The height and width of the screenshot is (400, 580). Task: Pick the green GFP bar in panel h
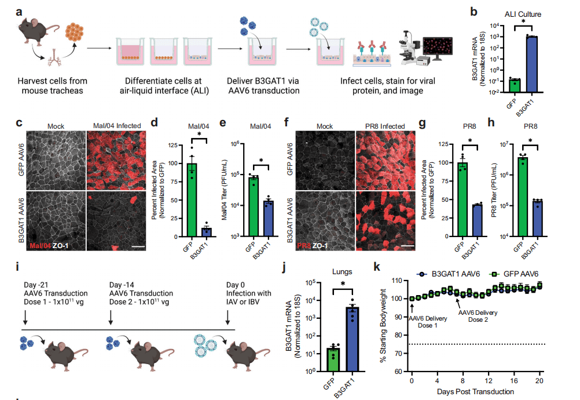pos(523,197)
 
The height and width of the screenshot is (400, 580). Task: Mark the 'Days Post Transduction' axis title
pos(476,392)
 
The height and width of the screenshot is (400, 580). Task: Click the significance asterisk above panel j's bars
pos(343,283)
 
